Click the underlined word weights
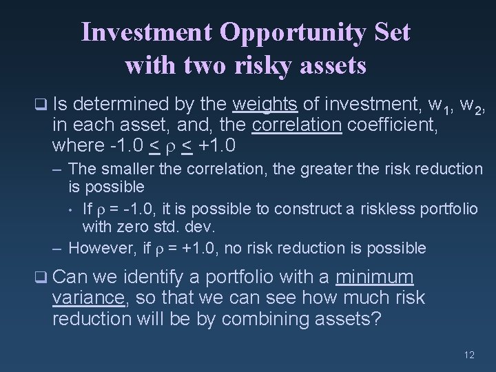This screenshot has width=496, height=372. coord(265,105)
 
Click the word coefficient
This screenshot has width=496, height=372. coord(384,127)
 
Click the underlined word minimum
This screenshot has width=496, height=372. coord(375,278)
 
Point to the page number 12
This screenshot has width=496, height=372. coord(469,355)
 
